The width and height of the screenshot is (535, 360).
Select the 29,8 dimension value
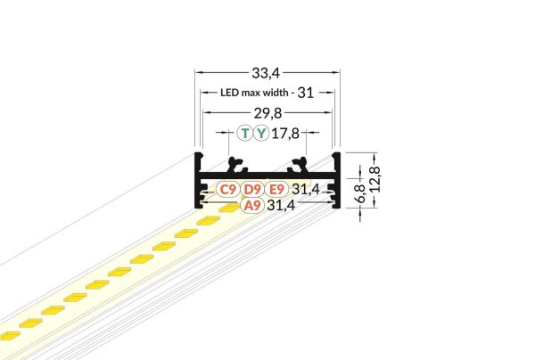[x=267, y=112]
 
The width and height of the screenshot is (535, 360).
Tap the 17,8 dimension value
[x=285, y=135]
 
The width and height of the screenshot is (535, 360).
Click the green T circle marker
[x=245, y=135]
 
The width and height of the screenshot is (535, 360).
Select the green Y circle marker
[x=260, y=135]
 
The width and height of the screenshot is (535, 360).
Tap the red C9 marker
[x=227, y=189]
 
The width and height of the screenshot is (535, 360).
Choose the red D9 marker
[x=251, y=189]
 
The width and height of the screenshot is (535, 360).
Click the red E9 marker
[x=276, y=189]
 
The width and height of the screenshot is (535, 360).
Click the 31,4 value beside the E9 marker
[x=306, y=189]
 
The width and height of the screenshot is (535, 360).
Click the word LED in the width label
[x=230, y=92]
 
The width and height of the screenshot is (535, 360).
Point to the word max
[x=253, y=92]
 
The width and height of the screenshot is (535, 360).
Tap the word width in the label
[x=277, y=92]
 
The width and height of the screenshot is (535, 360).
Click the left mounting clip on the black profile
[x=236, y=165]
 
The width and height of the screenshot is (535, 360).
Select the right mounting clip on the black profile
[x=299, y=165]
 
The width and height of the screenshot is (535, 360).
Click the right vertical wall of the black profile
[x=338, y=178]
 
